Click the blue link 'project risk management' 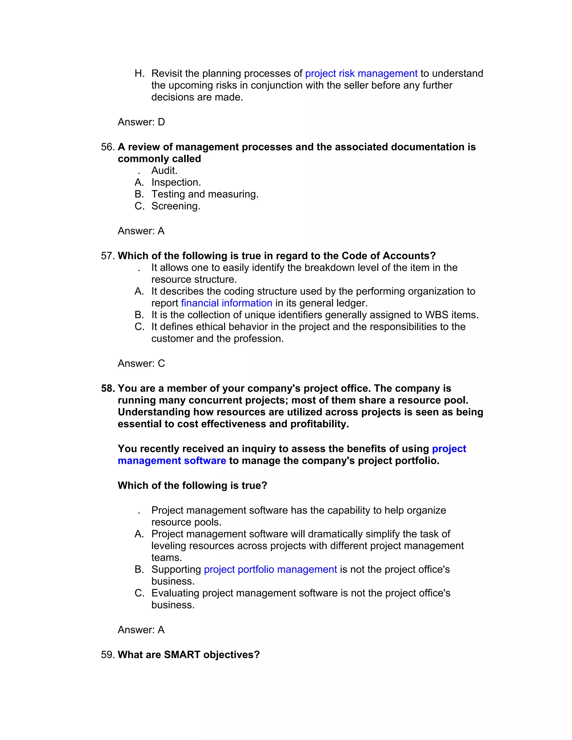coord(361,73)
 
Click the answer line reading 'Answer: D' coord(141,122)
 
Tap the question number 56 coord(108,147)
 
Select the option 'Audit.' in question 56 coord(164,170)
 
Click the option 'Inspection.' coord(176,182)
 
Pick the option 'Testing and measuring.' coord(205,194)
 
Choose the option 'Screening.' coord(175,206)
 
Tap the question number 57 coord(108,256)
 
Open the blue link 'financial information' coord(226,303)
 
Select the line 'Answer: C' coord(141,363)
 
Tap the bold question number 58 coord(108,388)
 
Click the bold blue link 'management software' coord(172,461)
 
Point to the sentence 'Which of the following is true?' coord(192,486)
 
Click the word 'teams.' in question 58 coord(166,557)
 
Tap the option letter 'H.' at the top coord(139,73)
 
